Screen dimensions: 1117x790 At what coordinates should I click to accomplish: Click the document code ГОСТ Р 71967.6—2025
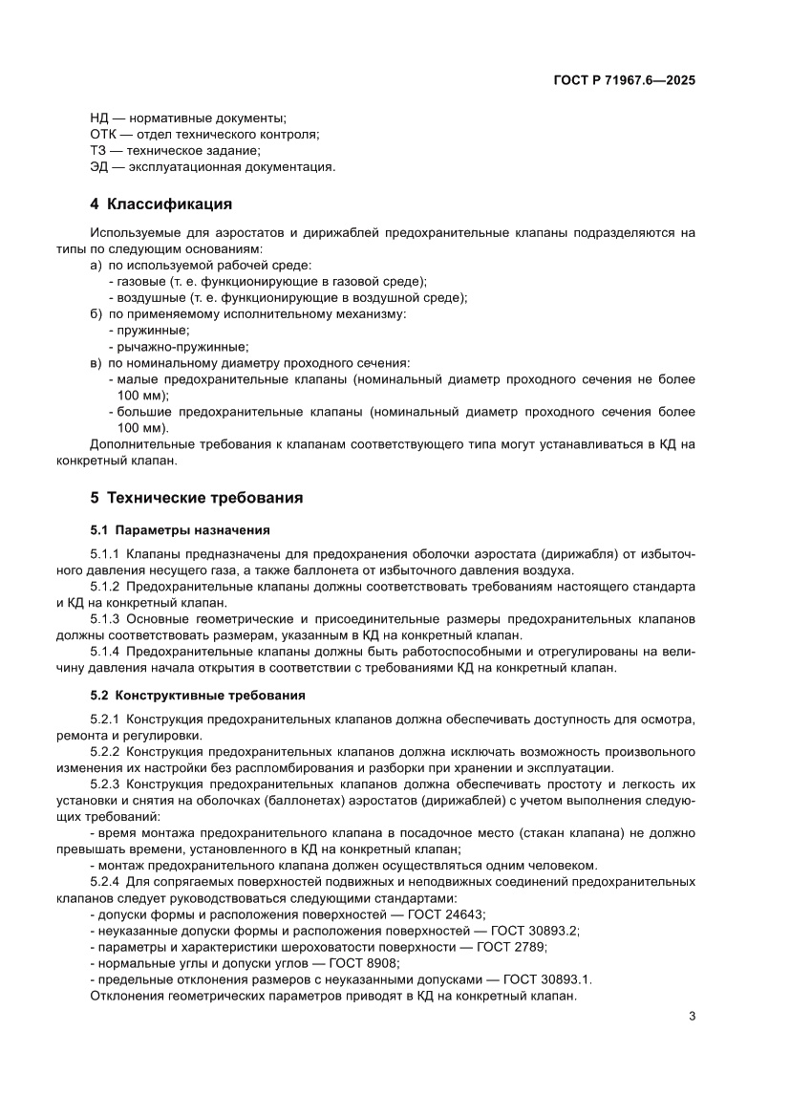click(624, 81)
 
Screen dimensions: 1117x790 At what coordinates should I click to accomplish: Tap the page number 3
click(692, 1016)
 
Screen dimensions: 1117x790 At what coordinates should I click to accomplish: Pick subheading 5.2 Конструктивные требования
click(198, 695)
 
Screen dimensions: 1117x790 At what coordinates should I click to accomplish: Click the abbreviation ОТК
click(102, 135)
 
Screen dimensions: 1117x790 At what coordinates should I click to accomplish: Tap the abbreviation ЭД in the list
click(99, 167)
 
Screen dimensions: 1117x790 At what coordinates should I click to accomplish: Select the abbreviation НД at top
click(100, 118)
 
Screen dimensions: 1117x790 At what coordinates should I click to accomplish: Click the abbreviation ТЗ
click(98, 151)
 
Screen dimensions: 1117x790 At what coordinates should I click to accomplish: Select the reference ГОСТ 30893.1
click(549, 979)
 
